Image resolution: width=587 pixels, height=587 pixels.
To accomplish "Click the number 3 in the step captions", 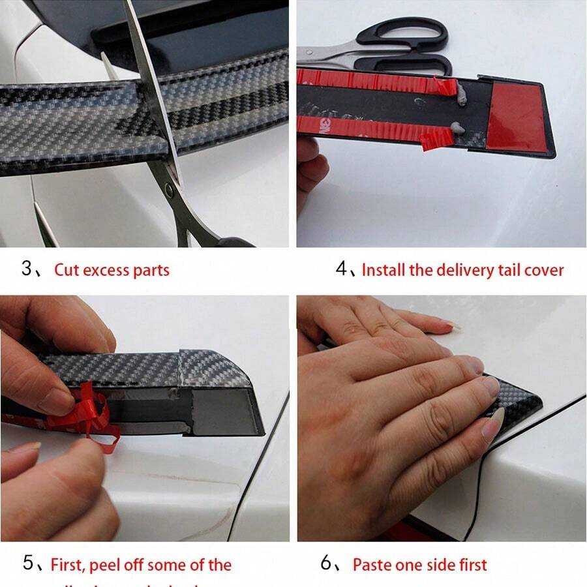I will (27, 268).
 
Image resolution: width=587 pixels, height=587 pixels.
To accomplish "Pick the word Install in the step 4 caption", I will (383, 269).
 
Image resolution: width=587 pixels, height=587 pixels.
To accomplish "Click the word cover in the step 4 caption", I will (543, 270).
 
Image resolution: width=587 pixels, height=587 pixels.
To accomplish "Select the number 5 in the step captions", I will (28, 563).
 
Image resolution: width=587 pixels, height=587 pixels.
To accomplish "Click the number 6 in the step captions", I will (326, 563).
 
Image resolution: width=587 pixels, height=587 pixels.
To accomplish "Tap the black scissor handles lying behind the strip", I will (410, 46).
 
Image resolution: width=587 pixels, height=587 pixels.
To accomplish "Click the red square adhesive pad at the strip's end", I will (515, 116).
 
